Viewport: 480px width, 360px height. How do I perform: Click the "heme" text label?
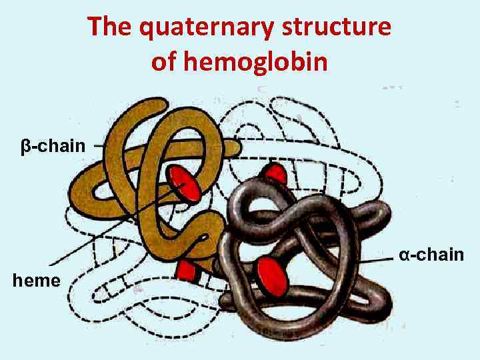(37, 281)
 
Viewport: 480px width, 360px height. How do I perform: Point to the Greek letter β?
(25, 145)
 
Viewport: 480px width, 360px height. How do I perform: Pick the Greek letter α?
(404, 255)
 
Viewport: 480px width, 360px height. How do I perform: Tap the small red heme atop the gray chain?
(274, 174)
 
